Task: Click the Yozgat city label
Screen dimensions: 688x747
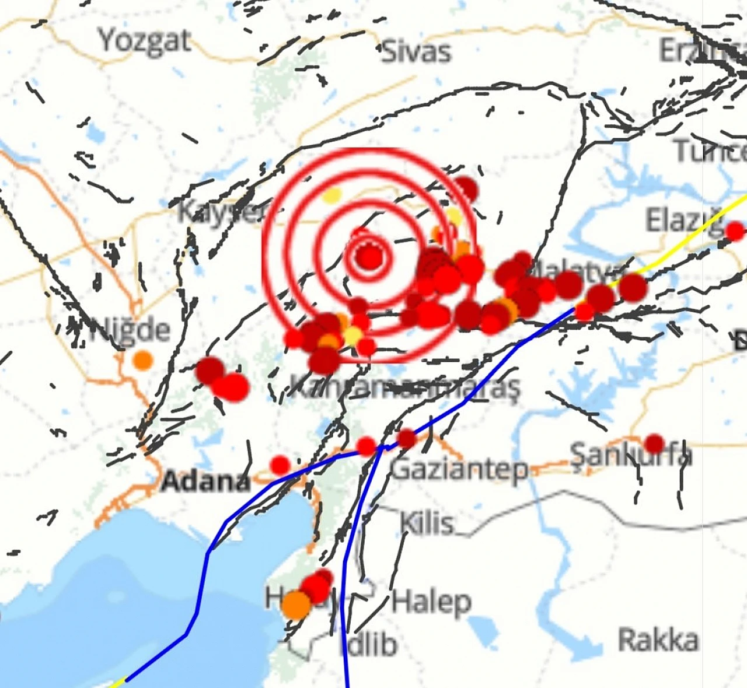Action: pyautogui.click(x=145, y=41)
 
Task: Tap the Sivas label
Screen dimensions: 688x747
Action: pyautogui.click(x=417, y=51)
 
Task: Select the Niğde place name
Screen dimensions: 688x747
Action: pyautogui.click(x=130, y=330)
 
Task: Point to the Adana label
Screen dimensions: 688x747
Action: pyautogui.click(x=205, y=481)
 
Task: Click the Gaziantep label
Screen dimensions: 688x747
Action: pyautogui.click(x=459, y=469)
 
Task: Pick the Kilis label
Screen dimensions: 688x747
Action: pyautogui.click(x=427, y=523)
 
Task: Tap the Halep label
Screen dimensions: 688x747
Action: pyautogui.click(x=431, y=601)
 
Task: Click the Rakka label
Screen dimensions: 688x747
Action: pyautogui.click(x=658, y=640)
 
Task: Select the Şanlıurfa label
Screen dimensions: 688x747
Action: pyautogui.click(x=631, y=455)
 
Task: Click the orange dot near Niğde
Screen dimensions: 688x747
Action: pyautogui.click(x=142, y=360)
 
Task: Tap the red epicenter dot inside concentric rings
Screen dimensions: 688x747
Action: pyautogui.click(x=369, y=257)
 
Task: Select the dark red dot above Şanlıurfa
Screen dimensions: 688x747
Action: pyautogui.click(x=654, y=443)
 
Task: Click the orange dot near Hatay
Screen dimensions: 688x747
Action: pyautogui.click(x=296, y=605)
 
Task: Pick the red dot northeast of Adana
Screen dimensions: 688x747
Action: pyautogui.click(x=281, y=465)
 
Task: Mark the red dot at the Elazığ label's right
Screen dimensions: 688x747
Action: pyautogui.click(x=735, y=231)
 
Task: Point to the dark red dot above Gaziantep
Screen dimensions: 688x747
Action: pyautogui.click(x=407, y=438)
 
